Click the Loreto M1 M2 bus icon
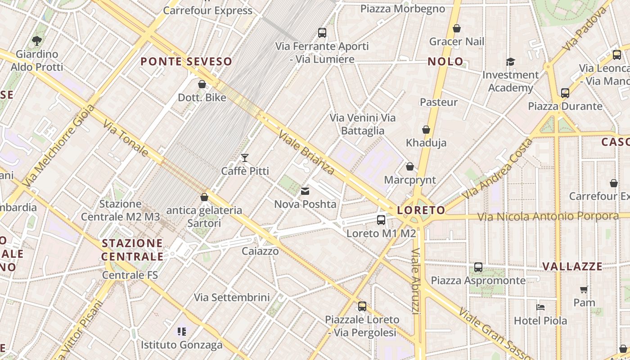[381, 220]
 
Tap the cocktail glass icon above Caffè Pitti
[245, 157]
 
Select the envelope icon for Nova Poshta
[306, 191]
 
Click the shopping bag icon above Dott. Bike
[202, 84]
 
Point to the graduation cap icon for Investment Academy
[510, 62]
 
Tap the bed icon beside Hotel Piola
[541, 307]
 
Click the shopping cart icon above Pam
[584, 289]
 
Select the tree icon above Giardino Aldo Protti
[37, 41]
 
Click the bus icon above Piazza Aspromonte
[478, 267]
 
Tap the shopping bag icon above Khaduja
[426, 130]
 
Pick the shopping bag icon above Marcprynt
[410, 166]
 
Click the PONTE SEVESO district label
[186, 62]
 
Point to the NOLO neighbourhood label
[445, 62]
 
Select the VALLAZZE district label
[572, 266]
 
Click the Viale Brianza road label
[306, 152]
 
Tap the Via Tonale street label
[126, 138]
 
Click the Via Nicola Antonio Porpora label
[548, 217]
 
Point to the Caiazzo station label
[260, 251]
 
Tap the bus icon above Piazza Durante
[565, 93]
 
